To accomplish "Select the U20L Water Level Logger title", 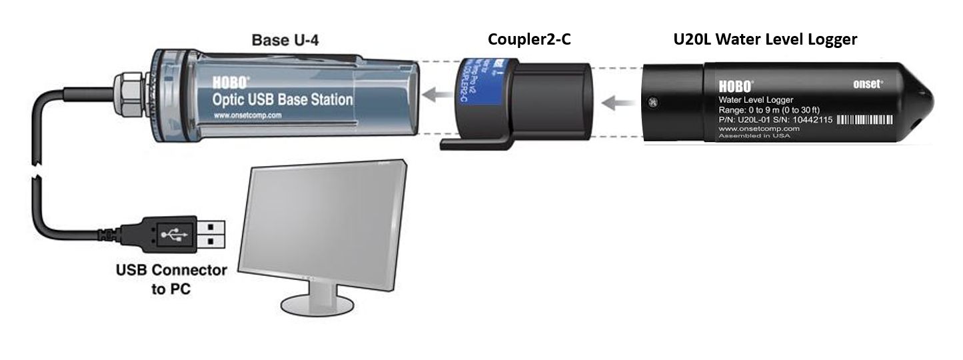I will point(764,40).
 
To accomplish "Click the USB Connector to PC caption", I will point(171,280).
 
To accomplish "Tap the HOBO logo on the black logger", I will point(736,86).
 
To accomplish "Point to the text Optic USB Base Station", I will point(283,100).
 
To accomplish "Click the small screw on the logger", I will point(652,101).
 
